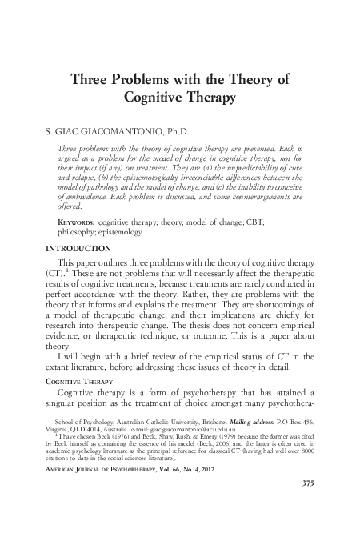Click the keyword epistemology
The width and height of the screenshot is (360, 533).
[x=119, y=232]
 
